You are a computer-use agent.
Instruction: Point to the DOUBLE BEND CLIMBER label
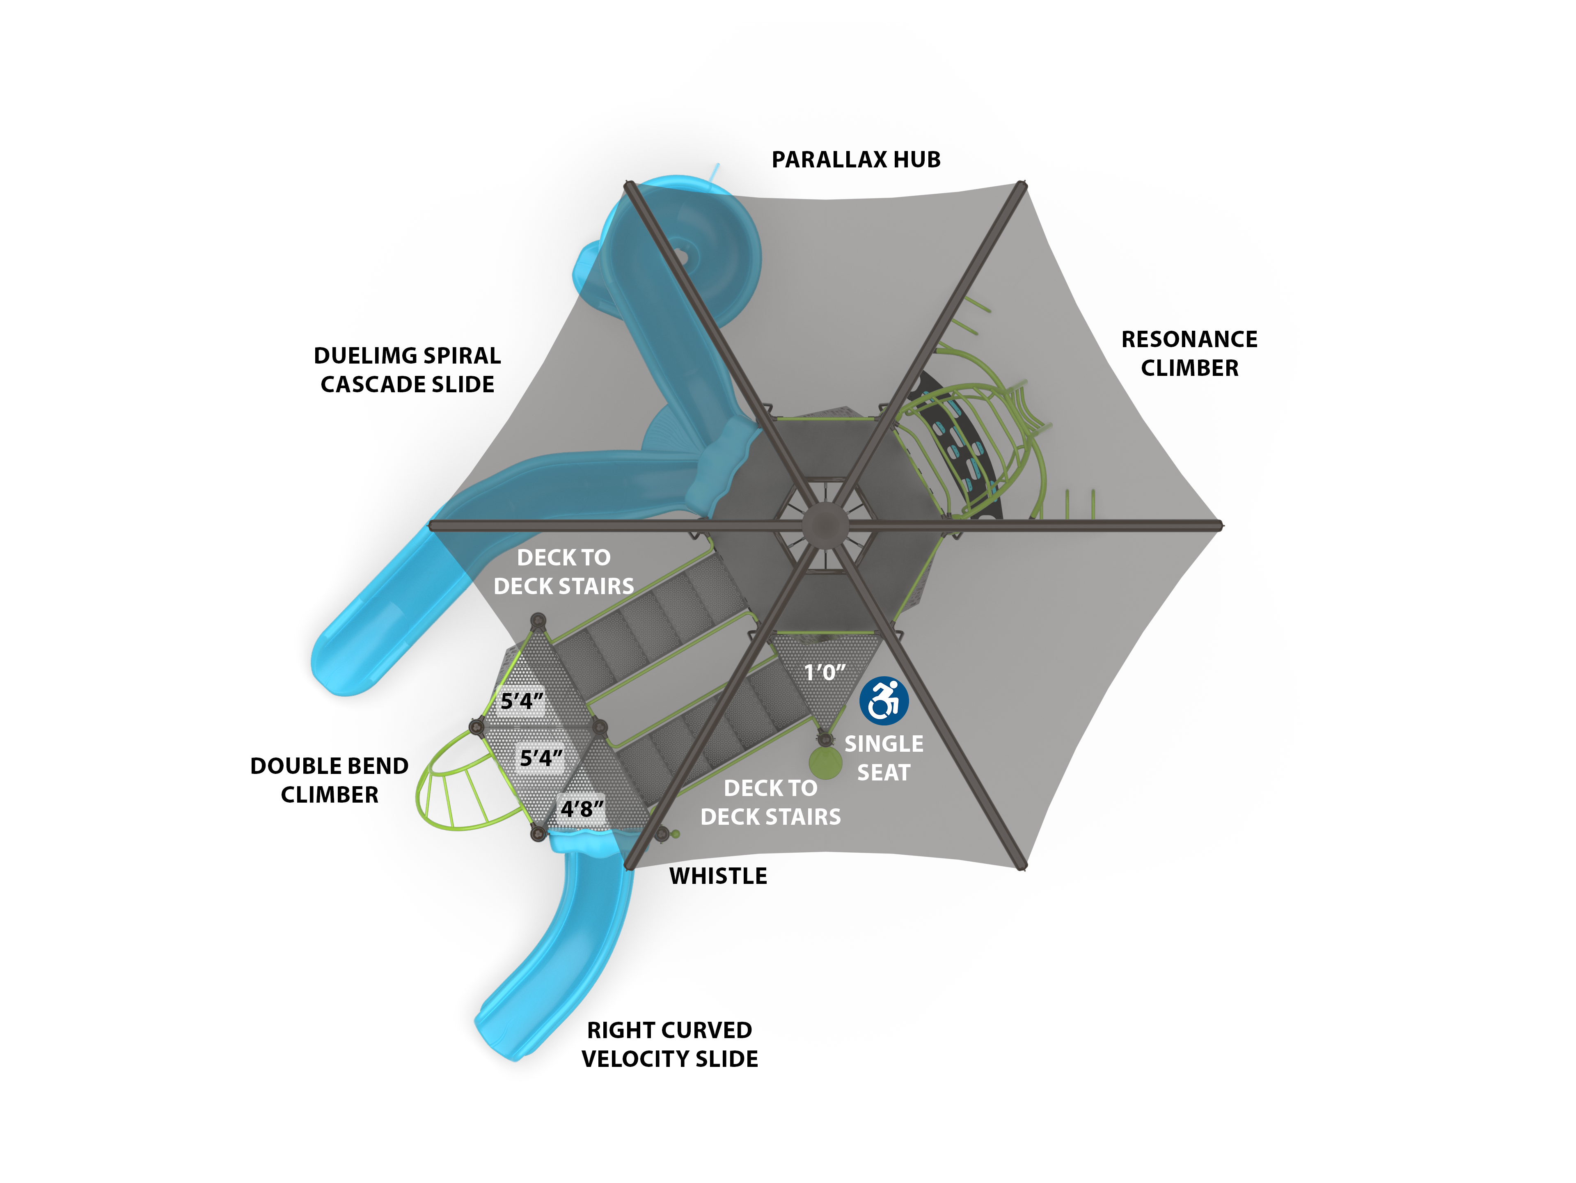click(x=329, y=780)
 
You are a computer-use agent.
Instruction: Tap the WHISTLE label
click(x=718, y=876)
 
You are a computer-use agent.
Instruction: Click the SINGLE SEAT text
click(x=884, y=758)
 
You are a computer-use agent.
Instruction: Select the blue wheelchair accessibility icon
click(x=884, y=700)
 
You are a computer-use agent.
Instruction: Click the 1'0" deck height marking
click(x=825, y=673)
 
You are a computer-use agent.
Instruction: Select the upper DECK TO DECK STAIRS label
click(x=564, y=571)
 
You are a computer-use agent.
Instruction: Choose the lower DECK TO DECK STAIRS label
click(x=770, y=802)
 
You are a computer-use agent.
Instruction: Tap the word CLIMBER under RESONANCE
click(x=1189, y=368)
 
